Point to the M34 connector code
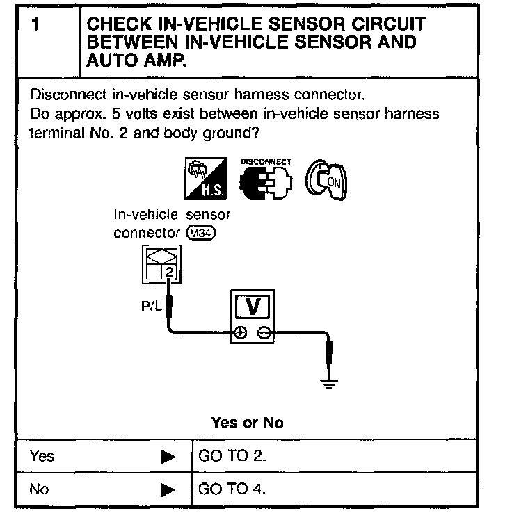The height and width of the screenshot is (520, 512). pos(202,234)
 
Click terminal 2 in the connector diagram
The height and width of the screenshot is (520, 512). pos(168,271)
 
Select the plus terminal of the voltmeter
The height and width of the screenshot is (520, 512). pos(239,333)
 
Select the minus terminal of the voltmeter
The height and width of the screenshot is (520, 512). pos(264,333)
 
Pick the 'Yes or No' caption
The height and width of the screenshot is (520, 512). pos(247,423)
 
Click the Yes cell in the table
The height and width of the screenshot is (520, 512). pos(42,457)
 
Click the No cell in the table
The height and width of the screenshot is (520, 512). pos(40,489)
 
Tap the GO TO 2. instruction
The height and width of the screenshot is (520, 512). pos(232,457)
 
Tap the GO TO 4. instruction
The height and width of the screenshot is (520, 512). pos(232,489)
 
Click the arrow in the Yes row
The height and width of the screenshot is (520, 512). pos(168,457)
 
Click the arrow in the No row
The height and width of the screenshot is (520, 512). pos(168,489)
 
